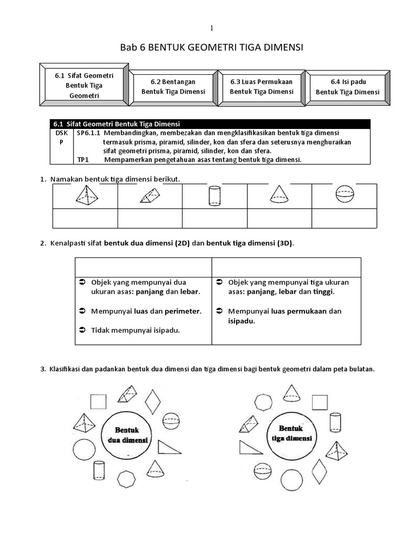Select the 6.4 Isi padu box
349,87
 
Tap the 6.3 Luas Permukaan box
262,86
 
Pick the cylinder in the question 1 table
214,196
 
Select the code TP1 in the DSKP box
84,159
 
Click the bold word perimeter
183,312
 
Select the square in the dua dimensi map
99,401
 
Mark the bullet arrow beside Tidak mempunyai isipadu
82,330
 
